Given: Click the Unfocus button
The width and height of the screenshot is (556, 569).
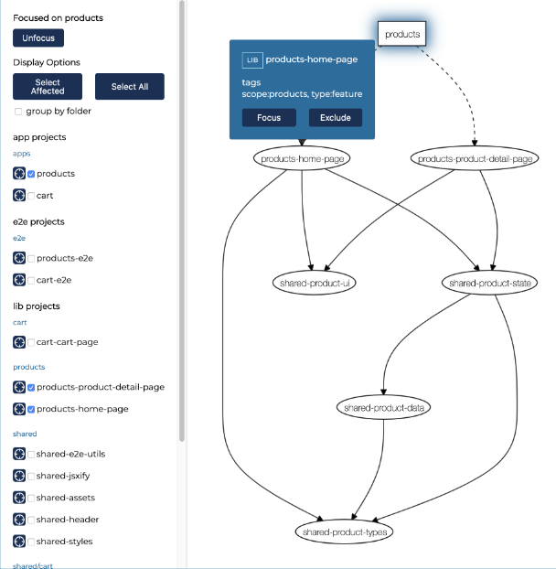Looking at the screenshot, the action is [x=38, y=38].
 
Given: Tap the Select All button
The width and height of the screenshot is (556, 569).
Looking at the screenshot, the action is [x=130, y=86].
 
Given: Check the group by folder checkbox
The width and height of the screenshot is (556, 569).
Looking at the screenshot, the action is [x=18, y=112].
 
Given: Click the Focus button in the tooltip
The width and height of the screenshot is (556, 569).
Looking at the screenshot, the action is [x=269, y=118].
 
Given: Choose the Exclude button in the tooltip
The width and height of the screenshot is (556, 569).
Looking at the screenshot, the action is [x=335, y=118].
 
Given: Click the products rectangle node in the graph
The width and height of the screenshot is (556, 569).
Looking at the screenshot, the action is [x=401, y=34].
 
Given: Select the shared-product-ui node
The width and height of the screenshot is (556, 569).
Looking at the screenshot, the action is [x=314, y=283].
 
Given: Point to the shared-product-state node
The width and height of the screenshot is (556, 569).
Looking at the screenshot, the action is [x=489, y=283].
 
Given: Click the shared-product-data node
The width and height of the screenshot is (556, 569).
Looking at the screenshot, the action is [x=384, y=407].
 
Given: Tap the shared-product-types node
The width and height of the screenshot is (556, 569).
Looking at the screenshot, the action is [x=344, y=532].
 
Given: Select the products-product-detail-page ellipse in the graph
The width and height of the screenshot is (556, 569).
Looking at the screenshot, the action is [x=475, y=158].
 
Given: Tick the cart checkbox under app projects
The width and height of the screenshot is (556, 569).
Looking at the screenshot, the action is [x=31, y=196].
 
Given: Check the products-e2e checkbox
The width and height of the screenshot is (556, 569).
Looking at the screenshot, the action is [x=31, y=259].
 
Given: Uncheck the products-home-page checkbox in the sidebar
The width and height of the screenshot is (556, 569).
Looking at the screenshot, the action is [x=31, y=409].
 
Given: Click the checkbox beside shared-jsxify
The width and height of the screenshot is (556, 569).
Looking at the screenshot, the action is [x=31, y=476].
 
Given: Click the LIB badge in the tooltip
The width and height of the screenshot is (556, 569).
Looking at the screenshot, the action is [x=252, y=59].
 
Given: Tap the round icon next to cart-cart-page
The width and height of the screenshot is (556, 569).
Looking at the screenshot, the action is [x=19, y=342].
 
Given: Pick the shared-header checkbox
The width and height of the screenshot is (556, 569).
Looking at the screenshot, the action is [x=31, y=520].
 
